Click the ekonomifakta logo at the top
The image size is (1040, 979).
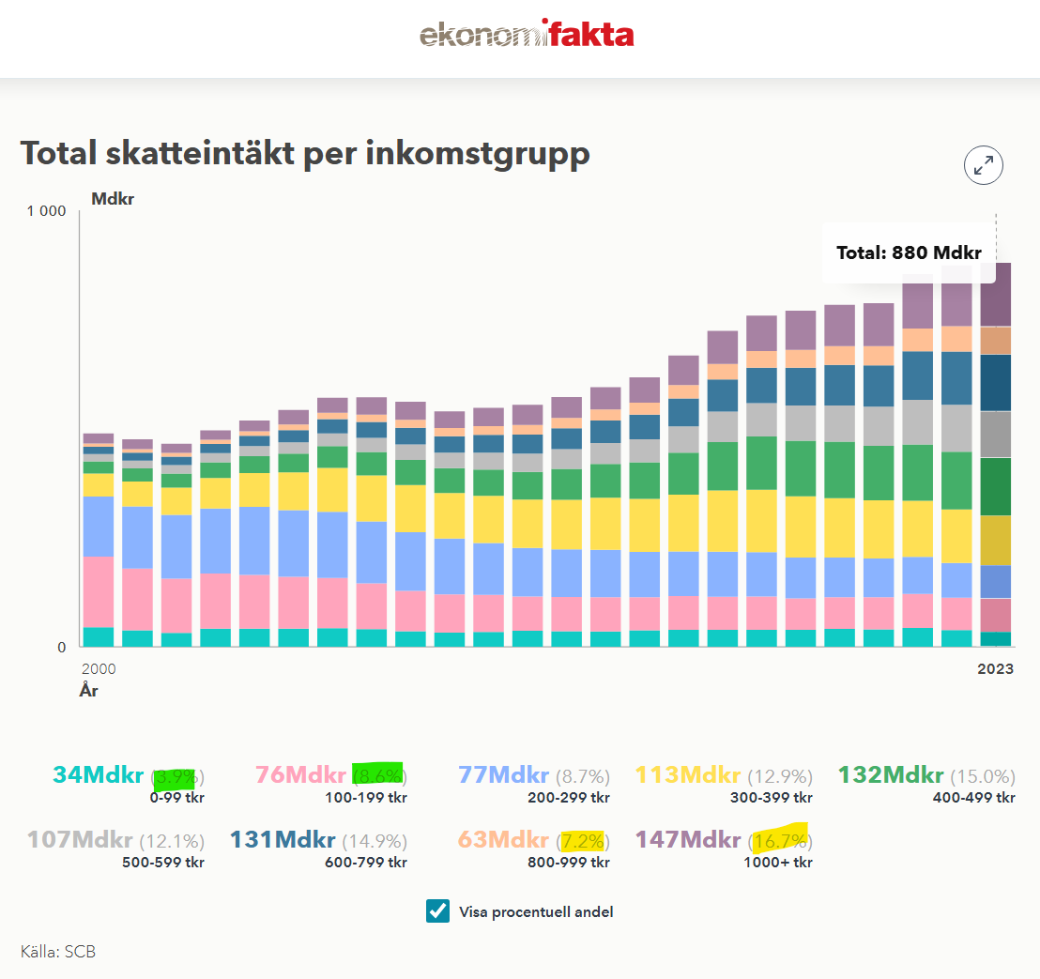[x=527, y=36]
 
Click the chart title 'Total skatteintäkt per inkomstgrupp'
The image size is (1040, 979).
[x=305, y=153]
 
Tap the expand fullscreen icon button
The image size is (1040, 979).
[x=984, y=166]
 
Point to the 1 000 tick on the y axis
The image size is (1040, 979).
[x=46, y=211]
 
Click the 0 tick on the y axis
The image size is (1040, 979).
[x=61, y=648]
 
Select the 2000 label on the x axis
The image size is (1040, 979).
[x=99, y=669]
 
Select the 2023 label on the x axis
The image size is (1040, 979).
[x=995, y=669]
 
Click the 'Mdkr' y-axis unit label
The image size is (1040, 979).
[x=113, y=199]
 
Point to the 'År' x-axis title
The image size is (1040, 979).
[x=89, y=692]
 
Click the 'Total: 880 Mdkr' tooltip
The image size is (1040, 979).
[x=908, y=252]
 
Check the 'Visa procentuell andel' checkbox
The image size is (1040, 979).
[x=437, y=911]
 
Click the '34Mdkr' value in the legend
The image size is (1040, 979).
[x=98, y=775]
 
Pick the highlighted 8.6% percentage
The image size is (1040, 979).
[x=379, y=776]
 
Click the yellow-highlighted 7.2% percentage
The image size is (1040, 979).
[x=582, y=840]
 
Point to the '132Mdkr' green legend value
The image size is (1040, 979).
[x=890, y=775]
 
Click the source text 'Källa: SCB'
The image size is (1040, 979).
[x=58, y=952]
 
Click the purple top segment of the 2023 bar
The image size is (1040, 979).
[x=995, y=295]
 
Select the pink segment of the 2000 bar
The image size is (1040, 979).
[x=99, y=591]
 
